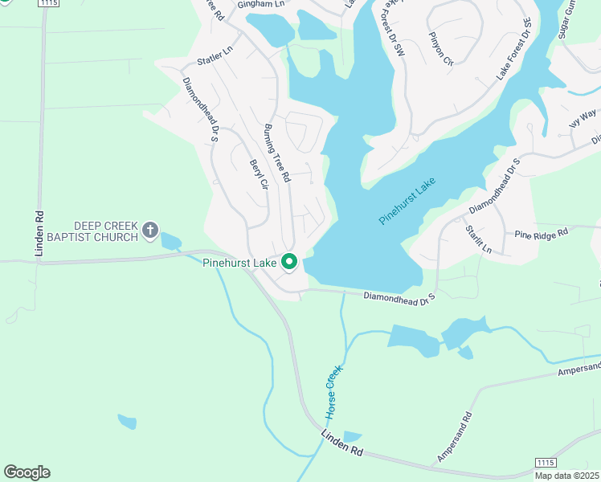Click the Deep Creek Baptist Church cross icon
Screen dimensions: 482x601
coord(149,231)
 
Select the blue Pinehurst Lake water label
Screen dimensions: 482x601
coord(407,202)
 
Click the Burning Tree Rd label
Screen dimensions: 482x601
coord(276,153)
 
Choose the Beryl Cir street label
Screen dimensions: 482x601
coord(257,174)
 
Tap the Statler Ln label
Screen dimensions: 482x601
coord(215,55)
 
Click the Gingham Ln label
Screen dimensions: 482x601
coord(245,5)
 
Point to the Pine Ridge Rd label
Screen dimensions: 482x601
coord(542,231)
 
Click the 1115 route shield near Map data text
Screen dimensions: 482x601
coord(546,463)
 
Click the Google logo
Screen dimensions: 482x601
coord(27,472)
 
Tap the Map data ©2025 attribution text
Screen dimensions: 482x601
coord(566,475)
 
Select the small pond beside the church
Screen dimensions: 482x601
coord(171,240)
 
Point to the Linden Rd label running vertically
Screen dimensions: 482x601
coord(38,234)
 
